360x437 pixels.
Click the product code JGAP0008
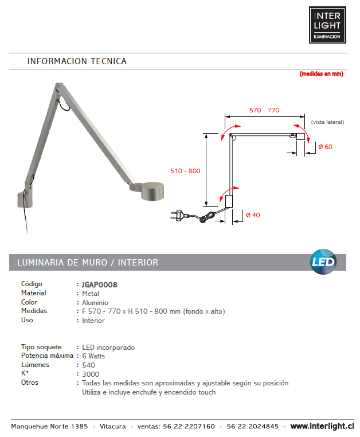coord(100,284)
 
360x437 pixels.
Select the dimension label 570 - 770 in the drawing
coord(264,110)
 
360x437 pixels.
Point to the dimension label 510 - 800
coord(185,171)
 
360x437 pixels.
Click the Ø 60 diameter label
coord(325,147)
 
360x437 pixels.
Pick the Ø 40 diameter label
coord(253,215)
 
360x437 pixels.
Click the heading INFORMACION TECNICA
coord(77,61)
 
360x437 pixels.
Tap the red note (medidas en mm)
coord(321,74)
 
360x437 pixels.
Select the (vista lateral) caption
coord(327,122)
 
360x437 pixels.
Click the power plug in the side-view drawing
coord(180,216)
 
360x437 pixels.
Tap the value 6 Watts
coord(93,356)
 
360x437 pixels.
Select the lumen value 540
coord(89,365)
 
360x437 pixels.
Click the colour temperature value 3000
coord(91,374)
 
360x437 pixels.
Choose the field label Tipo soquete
coord(41,348)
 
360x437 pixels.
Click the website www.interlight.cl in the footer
coord(322,427)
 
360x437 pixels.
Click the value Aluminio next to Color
coord(95,302)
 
